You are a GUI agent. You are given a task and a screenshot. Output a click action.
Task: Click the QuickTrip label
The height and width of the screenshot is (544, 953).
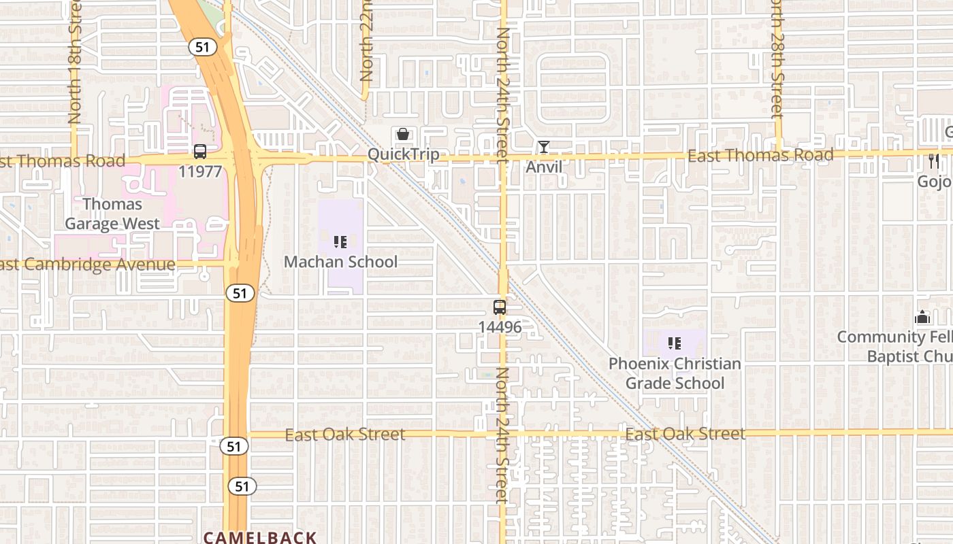coord(403,154)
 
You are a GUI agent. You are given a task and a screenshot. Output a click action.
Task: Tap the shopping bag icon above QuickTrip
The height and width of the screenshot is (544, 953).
coord(403,134)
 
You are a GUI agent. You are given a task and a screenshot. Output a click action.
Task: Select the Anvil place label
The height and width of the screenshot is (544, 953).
coord(544,166)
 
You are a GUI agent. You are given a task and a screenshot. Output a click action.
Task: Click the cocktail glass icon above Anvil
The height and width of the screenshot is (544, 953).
coord(544,147)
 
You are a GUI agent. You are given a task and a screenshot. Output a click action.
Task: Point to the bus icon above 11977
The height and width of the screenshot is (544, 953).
coord(200,152)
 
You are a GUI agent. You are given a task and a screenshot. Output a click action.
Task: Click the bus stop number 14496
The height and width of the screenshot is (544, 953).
coord(500,327)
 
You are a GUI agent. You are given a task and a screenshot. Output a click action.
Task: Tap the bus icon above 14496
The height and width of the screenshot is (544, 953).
coord(500,307)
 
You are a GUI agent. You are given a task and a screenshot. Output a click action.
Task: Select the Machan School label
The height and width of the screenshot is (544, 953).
coord(340,262)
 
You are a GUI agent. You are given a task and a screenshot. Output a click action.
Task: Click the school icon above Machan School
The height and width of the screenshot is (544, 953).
coord(340,242)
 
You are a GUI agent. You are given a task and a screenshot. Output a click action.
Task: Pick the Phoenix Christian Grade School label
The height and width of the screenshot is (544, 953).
coord(675,373)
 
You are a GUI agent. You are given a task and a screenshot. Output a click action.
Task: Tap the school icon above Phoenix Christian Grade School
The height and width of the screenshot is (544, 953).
coord(675,343)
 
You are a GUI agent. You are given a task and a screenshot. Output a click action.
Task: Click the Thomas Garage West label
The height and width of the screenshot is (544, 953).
coord(112,214)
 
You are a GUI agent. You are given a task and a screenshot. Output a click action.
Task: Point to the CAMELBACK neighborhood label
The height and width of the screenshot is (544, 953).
coord(260,537)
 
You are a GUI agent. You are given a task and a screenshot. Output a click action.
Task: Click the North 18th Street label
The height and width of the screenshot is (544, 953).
coord(74,65)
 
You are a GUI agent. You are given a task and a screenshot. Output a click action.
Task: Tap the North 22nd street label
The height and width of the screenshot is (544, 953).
coord(366,41)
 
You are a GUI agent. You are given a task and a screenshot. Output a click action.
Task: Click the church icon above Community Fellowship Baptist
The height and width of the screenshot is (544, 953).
coord(922,317)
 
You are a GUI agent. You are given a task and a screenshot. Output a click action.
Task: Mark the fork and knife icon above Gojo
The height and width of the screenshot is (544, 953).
coord(934,161)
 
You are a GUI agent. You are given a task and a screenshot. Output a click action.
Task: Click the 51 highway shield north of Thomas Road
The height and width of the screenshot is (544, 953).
coord(202,47)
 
